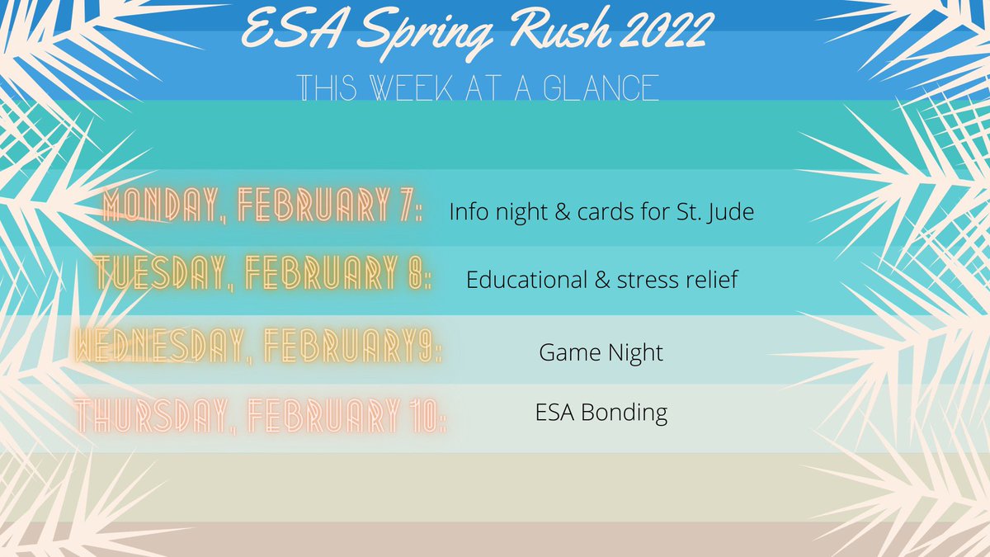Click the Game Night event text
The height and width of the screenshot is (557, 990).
(x=601, y=353)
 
